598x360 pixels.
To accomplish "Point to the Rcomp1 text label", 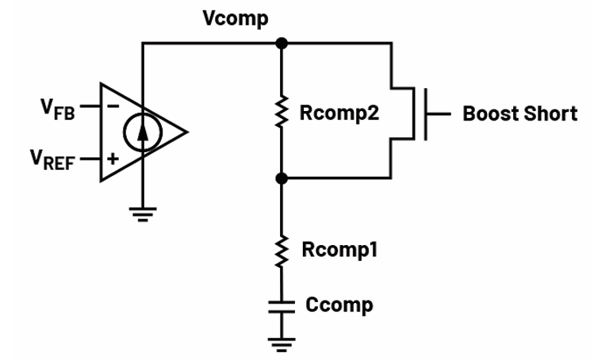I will tap(339, 251).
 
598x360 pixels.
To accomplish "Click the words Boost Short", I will tap(519, 113).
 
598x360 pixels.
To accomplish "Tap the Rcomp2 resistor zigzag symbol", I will tap(281, 114).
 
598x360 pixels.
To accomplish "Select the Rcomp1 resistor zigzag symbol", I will tap(281, 251).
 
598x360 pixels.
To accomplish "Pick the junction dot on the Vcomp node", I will tap(281, 43).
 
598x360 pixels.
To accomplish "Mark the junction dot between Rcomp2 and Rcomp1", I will tap(281, 179).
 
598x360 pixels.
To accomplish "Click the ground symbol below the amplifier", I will tap(143, 213).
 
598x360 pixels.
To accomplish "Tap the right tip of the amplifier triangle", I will tap(187, 132).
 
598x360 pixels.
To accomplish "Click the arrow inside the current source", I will tap(143, 129).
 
